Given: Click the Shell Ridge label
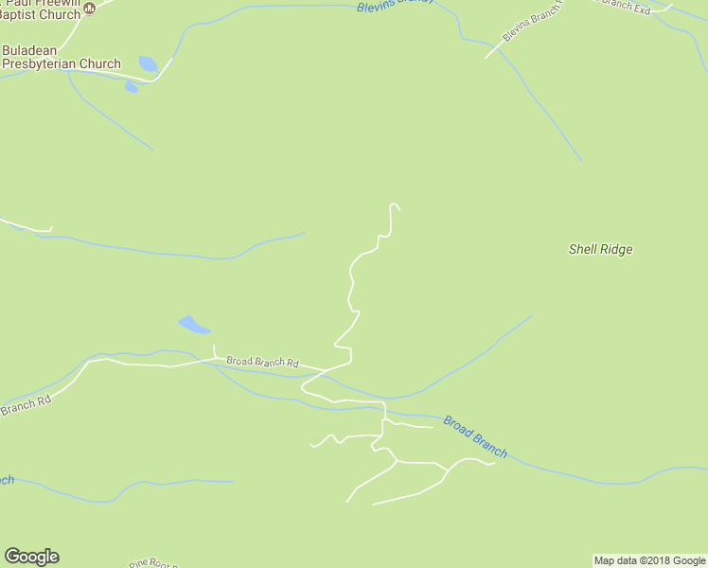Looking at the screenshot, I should pyautogui.click(x=600, y=250).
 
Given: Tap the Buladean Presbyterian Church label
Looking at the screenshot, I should pyautogui.click(x=61, y=57).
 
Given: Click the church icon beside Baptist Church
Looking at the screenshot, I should pyautogui.click(x=90, y=9).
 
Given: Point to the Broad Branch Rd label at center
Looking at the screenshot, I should pyautogui.click(x=262, y=363).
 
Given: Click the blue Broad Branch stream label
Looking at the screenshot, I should pyautogui.click(x=474, y=436).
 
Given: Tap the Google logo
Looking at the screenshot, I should pyautogui.click(x=31, y=557).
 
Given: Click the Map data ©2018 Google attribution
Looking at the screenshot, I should pyautogui.click(x=649, y=560).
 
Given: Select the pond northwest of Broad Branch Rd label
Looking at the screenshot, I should pyautogui.click(x=193, y=325).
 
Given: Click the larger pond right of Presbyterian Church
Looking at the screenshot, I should pyautogui.click(x=148, y=64).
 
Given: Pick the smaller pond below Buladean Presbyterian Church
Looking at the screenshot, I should pyautogui.click(x=131, y=88).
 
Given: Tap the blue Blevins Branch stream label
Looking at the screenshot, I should pyautogui.click(x=395, y=5).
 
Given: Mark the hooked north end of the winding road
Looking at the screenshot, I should pyautogui.click(x=394, y=205).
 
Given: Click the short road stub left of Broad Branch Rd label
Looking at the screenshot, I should pyautogui.click(x=215, y=351).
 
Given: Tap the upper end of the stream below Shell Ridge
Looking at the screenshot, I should pyautogui.click(x=531, y=316).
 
